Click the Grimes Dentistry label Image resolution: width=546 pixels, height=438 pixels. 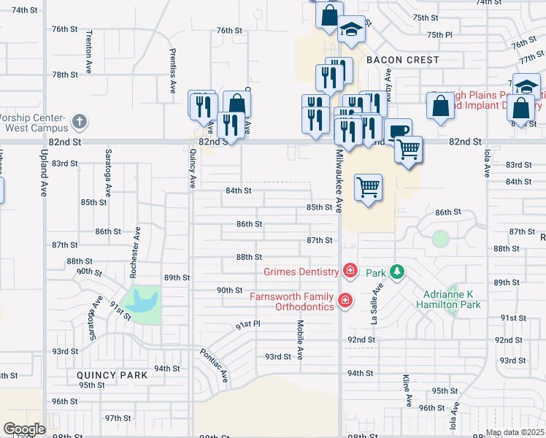[301, 272]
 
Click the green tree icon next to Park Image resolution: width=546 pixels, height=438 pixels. [396, 272]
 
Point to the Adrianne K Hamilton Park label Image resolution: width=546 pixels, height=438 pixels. [452, 299]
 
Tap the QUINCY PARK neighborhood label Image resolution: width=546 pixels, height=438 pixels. [112, 375]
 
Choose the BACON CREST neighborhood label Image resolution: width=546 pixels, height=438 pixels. [403, 60]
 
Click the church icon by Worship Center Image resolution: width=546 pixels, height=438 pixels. [80, 121]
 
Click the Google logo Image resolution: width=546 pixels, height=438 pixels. [24, 429]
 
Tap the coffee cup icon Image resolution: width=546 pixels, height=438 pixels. [398, 132]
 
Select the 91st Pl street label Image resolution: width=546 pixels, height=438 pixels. [247, 324]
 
